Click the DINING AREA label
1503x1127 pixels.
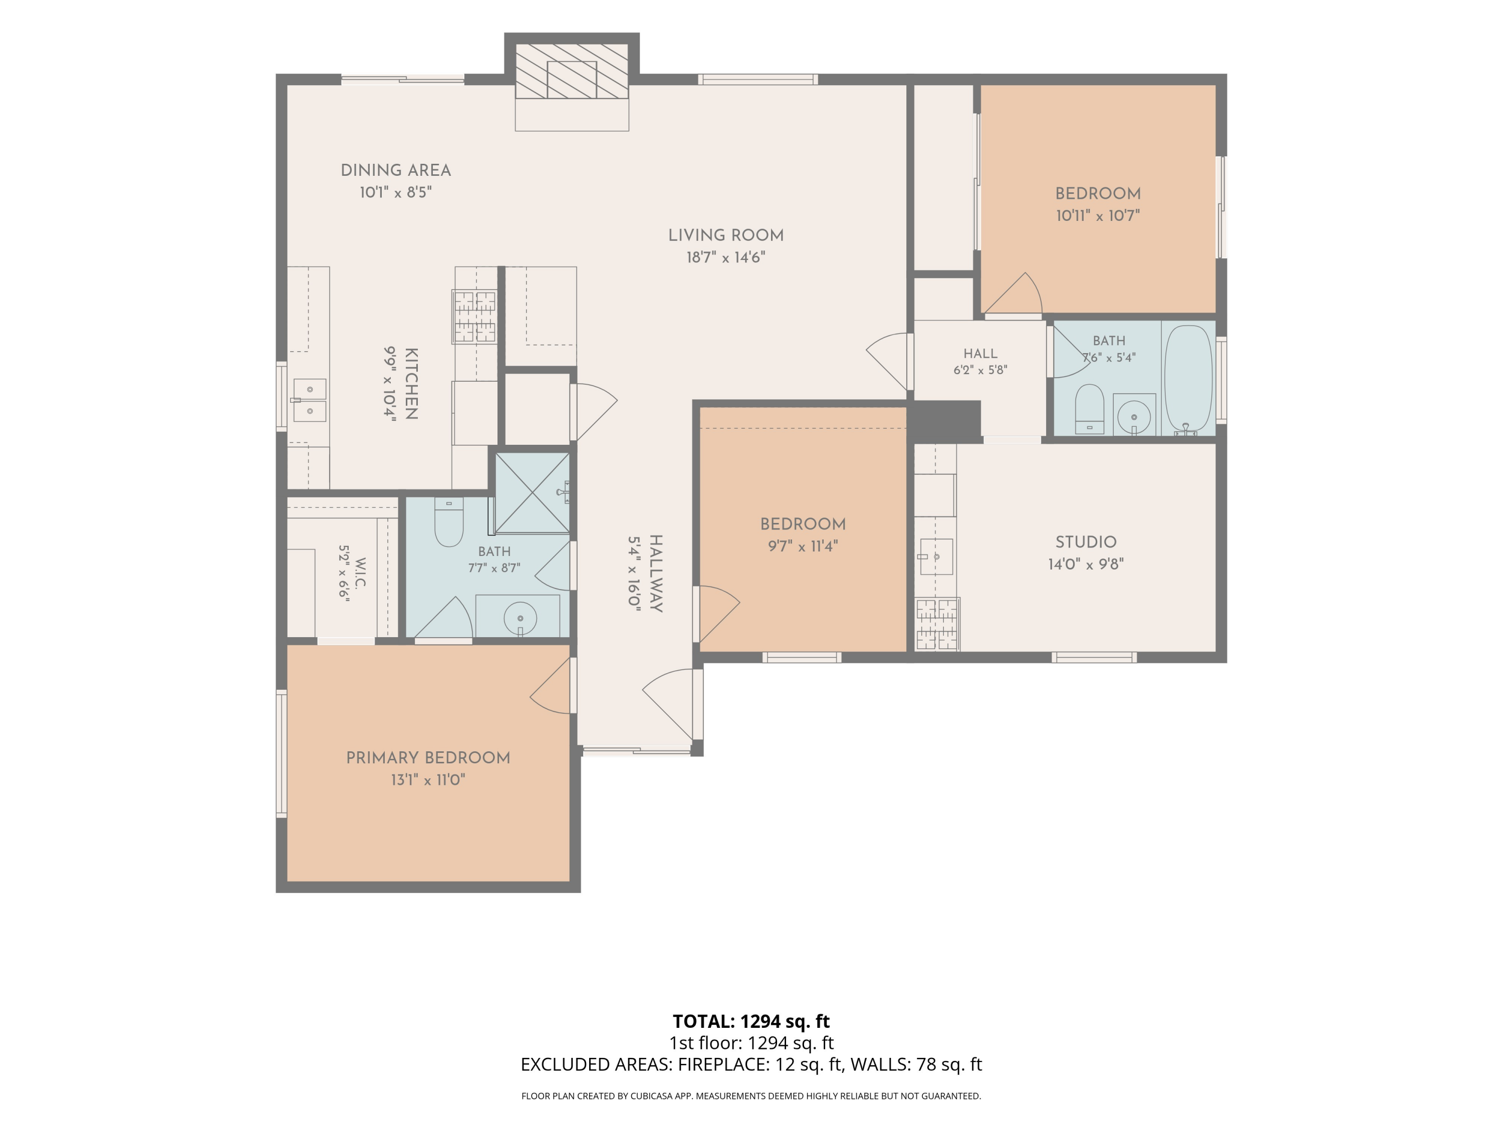tap(395, 170)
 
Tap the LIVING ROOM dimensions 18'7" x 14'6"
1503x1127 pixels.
tap(725, 257)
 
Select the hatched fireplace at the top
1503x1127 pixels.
tap(572, 71)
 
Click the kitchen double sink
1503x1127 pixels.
tap(310, 400)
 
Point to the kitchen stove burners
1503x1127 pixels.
tap(475, 316)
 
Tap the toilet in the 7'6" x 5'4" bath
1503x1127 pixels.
tap(1090, 409)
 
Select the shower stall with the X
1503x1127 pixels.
tap(533, 492)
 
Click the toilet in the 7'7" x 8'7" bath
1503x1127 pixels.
tap(448, 522)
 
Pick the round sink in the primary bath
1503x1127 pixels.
tap(521, 618)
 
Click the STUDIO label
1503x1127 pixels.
tap(1086, 542)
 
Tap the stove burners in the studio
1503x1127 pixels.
tap(937, 624)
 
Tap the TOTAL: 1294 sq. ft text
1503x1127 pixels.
tap(751, 1021)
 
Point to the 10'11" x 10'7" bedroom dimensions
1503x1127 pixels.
tap(1097, 216)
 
